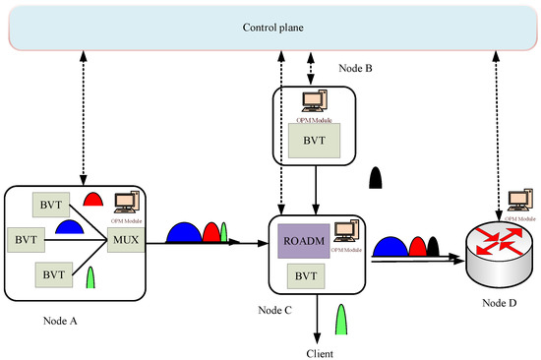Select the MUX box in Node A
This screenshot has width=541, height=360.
[125, 239]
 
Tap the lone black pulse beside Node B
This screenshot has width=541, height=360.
[376, 177]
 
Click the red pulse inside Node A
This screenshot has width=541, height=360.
[92, 200]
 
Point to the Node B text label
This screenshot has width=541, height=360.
[353, 69]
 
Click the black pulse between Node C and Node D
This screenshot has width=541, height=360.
[433, 245]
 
